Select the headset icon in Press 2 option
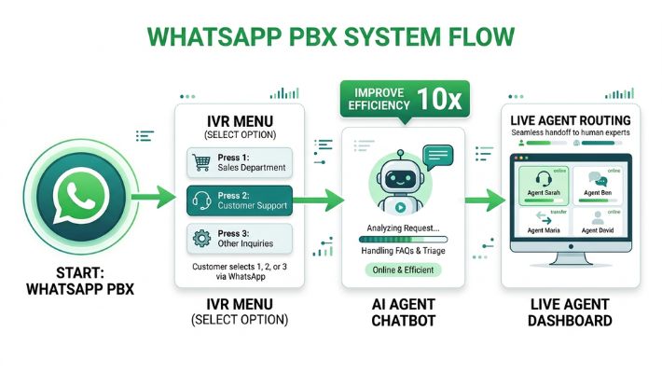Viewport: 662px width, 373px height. pos(200,200)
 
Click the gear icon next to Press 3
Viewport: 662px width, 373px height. pos(200,237)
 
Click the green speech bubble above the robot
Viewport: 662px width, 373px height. pos(436,155)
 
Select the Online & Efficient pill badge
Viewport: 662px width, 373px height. pos(403,269)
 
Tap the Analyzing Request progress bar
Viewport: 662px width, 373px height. pos(403,239)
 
